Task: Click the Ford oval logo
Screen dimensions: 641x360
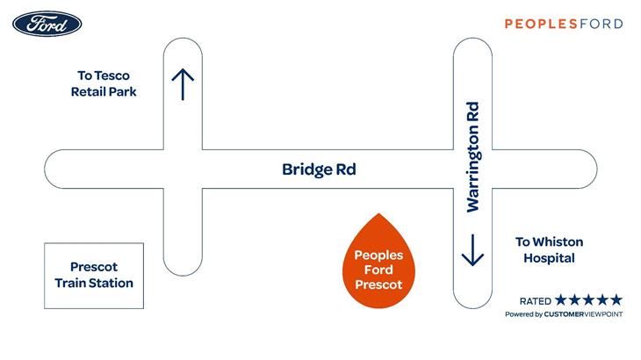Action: coord(47,24)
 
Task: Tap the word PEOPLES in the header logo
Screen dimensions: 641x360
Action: coord(541,24)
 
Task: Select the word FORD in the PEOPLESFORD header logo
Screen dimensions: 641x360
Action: coord(601,24)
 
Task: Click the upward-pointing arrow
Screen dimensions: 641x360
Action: coord(183,84)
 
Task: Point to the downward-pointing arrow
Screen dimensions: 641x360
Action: coord(472,250)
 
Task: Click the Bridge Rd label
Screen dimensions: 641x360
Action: coord(319,169)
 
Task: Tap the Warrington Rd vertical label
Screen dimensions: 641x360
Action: coord(472,157)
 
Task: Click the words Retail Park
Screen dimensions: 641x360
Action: coord(104,92)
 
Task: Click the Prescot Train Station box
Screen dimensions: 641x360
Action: coord(94,276)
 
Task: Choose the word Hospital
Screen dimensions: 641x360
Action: coord(549,258)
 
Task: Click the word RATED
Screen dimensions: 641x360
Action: coord(535,301)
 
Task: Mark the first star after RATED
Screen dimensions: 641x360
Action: coord(561,300)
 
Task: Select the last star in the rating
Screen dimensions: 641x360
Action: coord(616,300)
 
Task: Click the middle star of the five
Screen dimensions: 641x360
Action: coord(588,300)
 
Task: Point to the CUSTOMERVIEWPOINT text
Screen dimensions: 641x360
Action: coord(583,314)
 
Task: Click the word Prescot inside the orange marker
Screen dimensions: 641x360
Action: coord(378,284)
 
